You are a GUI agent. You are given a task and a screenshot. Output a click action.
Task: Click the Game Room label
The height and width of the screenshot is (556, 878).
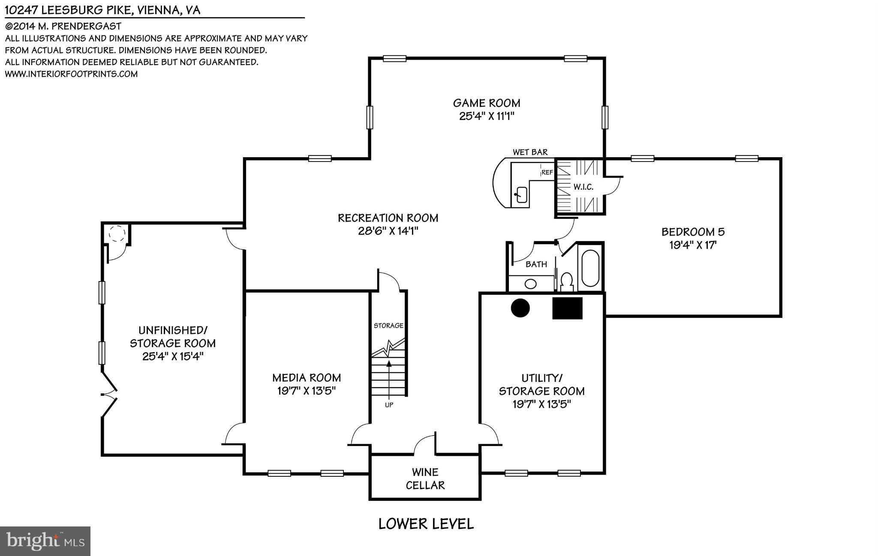(487, 103)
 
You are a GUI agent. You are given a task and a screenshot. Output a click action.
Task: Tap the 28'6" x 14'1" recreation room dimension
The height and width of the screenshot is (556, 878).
(388, 231)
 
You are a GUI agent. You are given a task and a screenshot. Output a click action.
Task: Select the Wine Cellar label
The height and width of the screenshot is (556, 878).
(425, 479)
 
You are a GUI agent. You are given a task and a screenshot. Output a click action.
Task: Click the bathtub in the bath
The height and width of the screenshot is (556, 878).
(590, 268)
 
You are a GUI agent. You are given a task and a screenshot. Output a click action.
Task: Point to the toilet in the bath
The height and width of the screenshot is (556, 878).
(567, 282)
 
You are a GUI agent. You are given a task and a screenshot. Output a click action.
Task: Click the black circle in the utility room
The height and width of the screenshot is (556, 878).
(520, 308)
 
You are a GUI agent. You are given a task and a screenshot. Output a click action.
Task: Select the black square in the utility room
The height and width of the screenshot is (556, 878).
(567, 308)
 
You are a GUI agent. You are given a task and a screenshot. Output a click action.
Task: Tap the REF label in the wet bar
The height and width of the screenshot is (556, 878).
(547, 173)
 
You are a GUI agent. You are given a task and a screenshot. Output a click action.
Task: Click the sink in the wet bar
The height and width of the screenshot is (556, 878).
(521, 194)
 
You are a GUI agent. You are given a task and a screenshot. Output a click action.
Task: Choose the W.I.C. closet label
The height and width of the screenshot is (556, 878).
(583, 187)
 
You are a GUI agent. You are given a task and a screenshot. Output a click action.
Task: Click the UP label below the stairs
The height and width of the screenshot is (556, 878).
(389, 405)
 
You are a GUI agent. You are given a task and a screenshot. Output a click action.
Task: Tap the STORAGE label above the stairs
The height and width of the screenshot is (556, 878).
(388, 326)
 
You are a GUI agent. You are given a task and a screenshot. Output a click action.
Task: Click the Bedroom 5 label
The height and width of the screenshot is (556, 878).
(693, 232)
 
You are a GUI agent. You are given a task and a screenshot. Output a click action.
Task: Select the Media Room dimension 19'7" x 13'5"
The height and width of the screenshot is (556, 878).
(307, 391)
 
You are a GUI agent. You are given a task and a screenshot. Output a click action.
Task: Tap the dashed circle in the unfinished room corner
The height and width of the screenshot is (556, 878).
(116, 235)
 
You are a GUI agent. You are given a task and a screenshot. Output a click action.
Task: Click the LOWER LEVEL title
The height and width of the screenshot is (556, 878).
(426, 524)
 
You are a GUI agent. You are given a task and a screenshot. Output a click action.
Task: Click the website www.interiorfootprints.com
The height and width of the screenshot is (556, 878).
(71, 74)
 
